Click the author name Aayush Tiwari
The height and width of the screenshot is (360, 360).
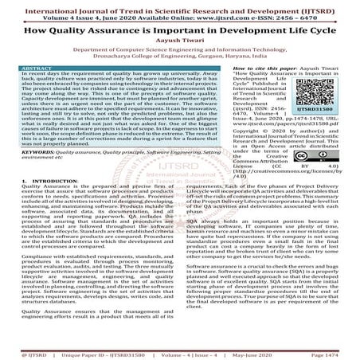click(x=179, y=47)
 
